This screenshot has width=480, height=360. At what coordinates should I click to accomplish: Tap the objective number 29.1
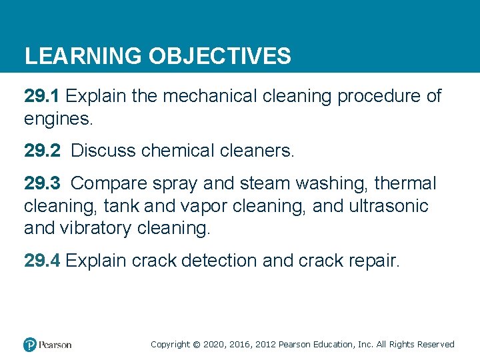coord(42,97)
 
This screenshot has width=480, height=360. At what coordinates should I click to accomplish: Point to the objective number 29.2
coord(42,151)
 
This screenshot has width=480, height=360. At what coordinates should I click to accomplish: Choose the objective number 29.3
coord(42,183)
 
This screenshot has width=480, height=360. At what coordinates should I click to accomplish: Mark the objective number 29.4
coord(42,261)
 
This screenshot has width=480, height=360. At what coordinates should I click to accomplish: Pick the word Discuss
coord(103,151)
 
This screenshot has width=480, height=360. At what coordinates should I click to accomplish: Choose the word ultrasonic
coord(388,206)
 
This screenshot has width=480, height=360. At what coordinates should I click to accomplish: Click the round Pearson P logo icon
coord(30,345)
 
